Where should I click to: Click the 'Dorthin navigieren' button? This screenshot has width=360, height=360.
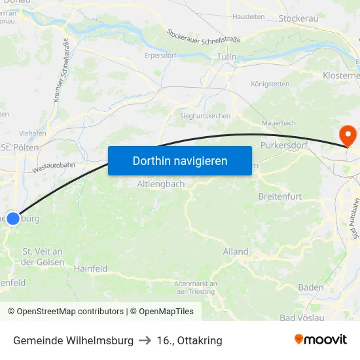[x=180, y=160]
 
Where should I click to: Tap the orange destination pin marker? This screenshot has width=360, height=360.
[x=347, y=136]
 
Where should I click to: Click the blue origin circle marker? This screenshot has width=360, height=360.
[x=13, y=219]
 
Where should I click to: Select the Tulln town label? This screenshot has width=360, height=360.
[x=226, y=58]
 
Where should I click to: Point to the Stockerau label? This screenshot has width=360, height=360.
[x=298, y=18]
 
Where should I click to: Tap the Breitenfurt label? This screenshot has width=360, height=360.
[x=280, y=196]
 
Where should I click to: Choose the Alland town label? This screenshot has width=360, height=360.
[x=236, y=251]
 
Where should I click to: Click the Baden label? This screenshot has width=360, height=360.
[x=311, y=287]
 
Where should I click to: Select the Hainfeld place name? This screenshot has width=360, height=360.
[x=90, y=268]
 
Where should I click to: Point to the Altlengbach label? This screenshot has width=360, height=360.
[x=161, y=185]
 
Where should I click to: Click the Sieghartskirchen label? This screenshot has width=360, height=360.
[x=205, y=116]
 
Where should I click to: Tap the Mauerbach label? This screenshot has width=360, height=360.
[x=279, y=123]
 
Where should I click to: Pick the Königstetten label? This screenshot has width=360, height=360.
[x=270, y=84]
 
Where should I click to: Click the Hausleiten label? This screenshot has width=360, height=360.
[x=249, y=16]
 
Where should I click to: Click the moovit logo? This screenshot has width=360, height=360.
[x=320, y=340]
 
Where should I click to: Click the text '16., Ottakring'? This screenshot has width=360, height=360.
[x=190, y=340]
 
